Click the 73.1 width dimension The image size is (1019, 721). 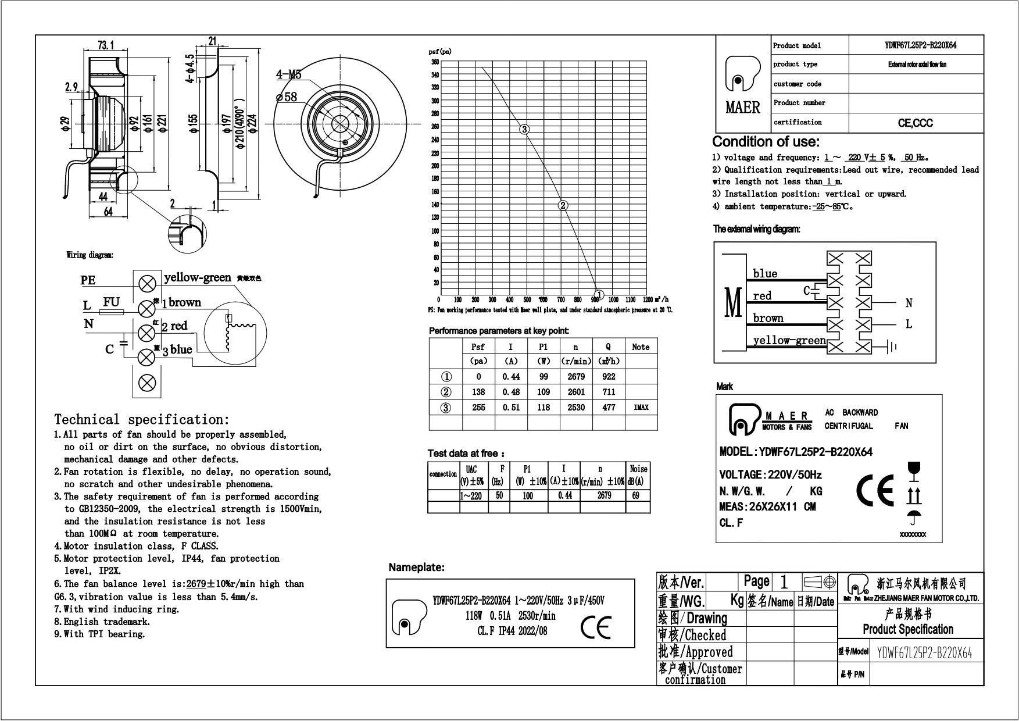point(105,45)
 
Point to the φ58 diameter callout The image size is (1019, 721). point(287,97)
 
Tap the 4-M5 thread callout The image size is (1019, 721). point(288,75)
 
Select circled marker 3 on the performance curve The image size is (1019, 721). point(524,129)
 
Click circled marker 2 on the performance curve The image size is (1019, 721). point(563,205)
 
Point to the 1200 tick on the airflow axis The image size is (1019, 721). point(647,300)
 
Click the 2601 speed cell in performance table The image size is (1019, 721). point(575,392)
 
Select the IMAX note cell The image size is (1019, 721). point(641,408)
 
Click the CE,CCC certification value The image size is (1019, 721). point(916,123)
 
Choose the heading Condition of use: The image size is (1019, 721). point(766,142)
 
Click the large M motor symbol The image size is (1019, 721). point(734,302)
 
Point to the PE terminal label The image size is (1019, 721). point(88,280)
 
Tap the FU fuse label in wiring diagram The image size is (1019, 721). point(111,302)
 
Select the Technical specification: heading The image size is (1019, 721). point(142,419)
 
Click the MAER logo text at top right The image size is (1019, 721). point(743,108)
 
